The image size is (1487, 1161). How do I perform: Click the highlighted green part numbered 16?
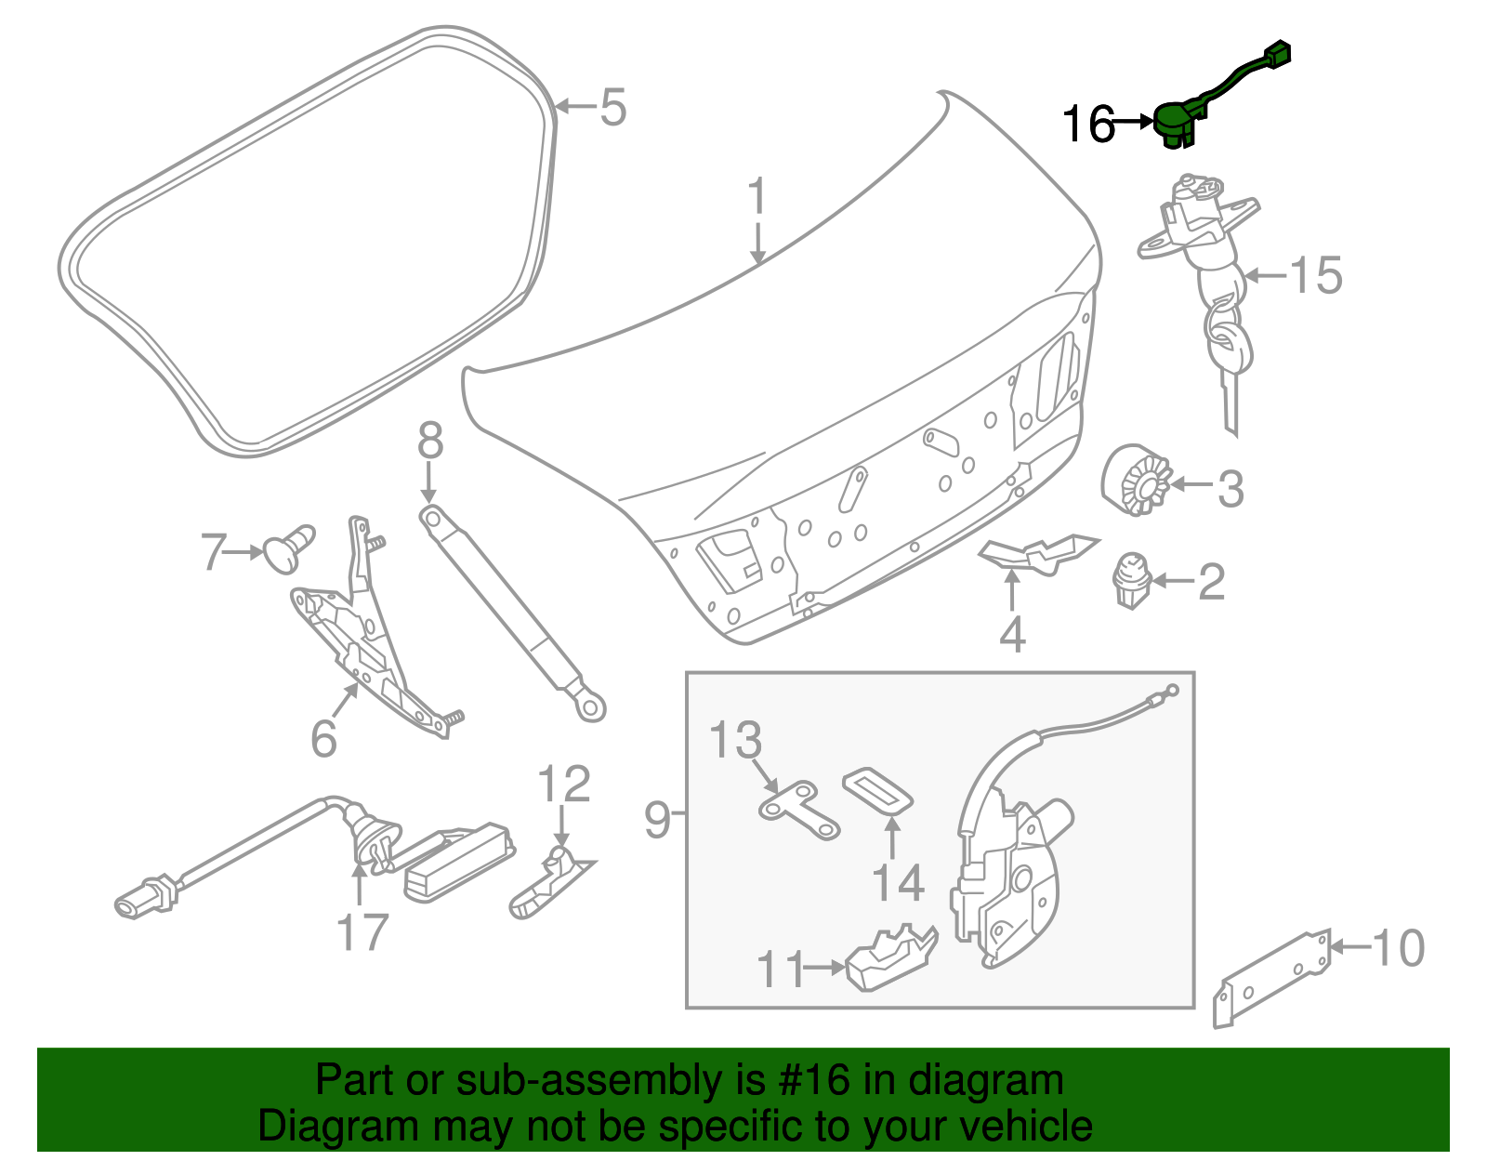(1175, 121)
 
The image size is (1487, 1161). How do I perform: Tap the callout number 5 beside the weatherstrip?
(612, 108)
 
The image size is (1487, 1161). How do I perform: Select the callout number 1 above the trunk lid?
(758, 197)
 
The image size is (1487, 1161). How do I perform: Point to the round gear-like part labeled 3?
(1136, 481)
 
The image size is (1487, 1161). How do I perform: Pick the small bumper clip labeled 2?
(1130, 580)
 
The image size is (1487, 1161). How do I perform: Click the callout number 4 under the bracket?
(1012, 635)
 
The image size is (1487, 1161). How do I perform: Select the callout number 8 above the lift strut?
(429, 442)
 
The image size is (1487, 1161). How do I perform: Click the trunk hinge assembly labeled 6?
(372, 641)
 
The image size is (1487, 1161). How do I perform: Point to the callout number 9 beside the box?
(656, 820)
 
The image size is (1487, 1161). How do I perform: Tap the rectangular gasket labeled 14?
(878, 789)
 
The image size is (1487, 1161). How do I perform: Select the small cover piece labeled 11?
(892, 958)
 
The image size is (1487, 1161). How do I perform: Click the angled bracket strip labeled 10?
(1273, 976)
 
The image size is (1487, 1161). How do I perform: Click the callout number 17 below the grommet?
(362, 932)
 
